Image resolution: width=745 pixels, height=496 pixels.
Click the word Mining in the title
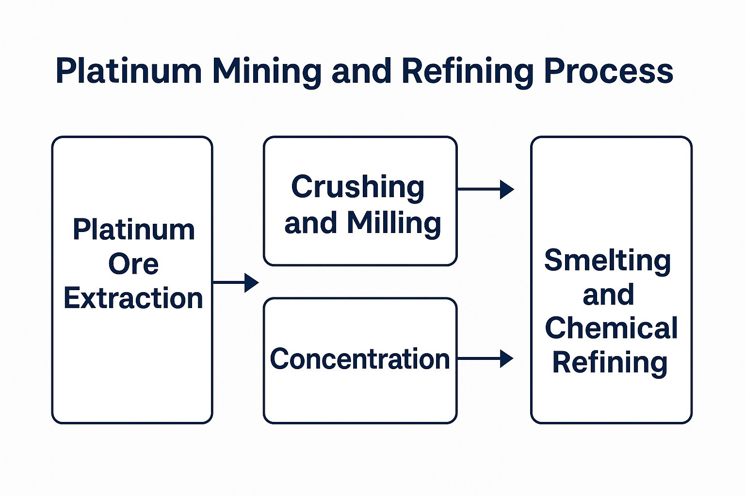click(266, 71)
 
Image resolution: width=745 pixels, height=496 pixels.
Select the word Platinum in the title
click(129, 71)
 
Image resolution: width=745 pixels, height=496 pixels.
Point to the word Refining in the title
click(467, 71)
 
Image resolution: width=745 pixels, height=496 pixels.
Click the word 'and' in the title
click(361, 71)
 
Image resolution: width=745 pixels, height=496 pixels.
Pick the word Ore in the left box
click(133, 264)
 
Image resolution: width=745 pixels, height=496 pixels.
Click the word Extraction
click(133, 298)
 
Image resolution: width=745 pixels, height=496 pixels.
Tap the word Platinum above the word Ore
click(134, 230)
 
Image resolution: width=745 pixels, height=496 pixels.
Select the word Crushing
click(357, 187)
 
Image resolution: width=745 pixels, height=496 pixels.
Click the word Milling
click(393, 223)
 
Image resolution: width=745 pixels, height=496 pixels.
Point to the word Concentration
click(360, 359)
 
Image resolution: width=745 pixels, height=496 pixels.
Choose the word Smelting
click(608, 261)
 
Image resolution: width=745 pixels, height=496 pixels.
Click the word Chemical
click(611, 328)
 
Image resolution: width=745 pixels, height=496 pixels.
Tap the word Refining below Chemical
click(610, 363)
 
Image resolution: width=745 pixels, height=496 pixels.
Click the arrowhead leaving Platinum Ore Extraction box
click(251, 282)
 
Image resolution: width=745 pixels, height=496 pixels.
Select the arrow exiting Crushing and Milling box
click(485, 189)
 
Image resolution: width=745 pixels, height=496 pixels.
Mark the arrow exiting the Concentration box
click(485, 358)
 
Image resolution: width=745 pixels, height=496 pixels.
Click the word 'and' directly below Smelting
click(608, 295)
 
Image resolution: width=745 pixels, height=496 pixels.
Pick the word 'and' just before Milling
click(310, 223)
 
